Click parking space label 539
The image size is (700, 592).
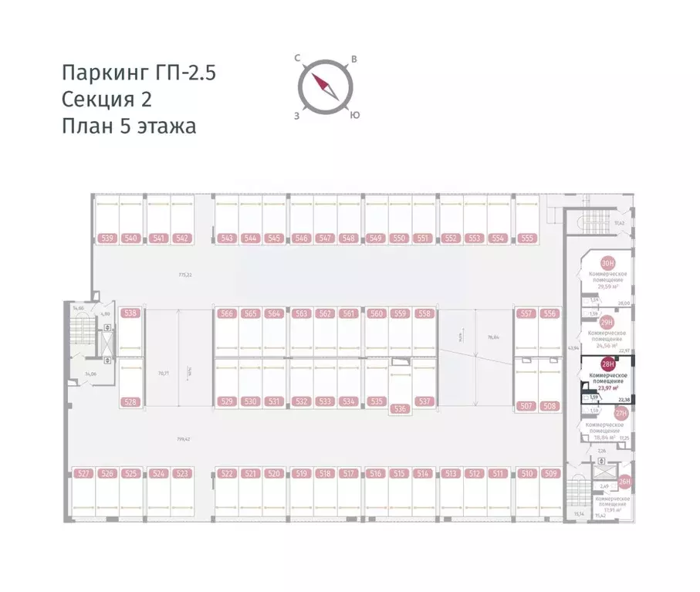[x=107, y=238]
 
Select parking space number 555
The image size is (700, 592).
[x=527, y=238]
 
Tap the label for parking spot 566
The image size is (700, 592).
[x=226, y=313]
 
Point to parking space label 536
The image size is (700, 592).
[x=399, y=408]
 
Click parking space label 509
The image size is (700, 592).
[x=550, y=473]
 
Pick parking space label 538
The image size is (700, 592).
[x=130, y=313]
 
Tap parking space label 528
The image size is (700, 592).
[x=130, y=401]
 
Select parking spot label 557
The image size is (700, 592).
[x=526, y=313]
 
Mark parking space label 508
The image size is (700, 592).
[x=550, y=406]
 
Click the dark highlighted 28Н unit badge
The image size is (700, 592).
[x=607, y=365]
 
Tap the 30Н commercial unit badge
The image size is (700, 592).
[x=607, y=263]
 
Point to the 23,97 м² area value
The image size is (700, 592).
[x=610, y=388]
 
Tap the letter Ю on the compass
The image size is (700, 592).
[x=353, y=115]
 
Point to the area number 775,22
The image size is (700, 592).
[x=184, y=274]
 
